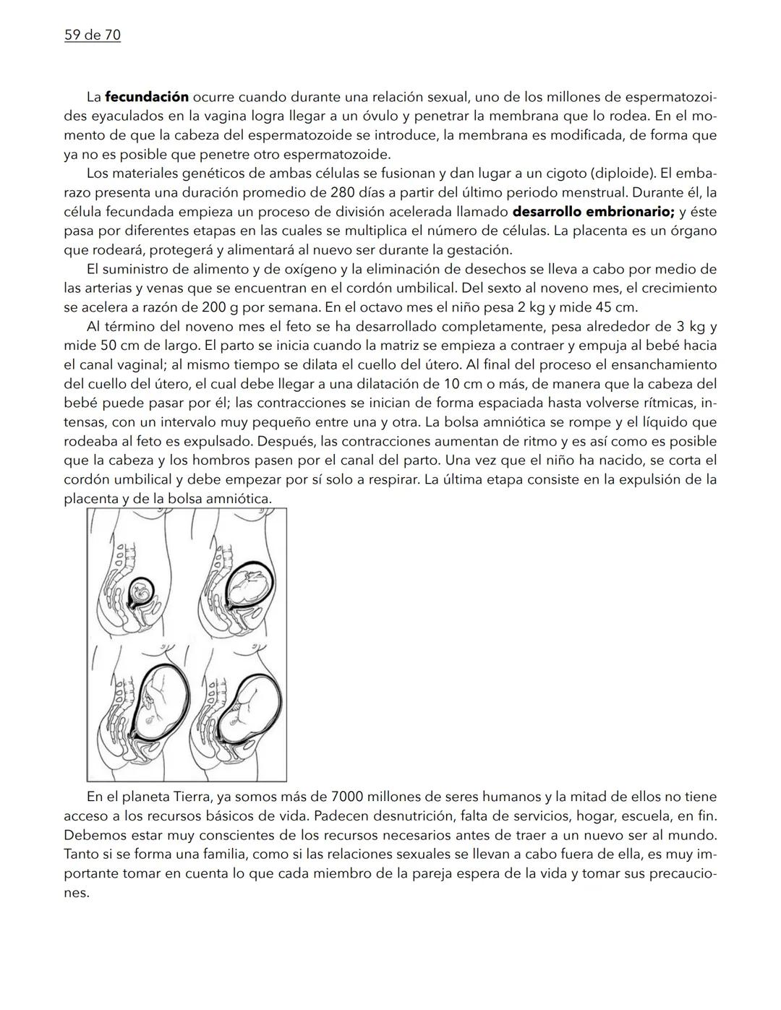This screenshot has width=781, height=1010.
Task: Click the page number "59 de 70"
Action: coord(93,35)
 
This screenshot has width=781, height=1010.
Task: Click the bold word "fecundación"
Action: coord(147,97)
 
